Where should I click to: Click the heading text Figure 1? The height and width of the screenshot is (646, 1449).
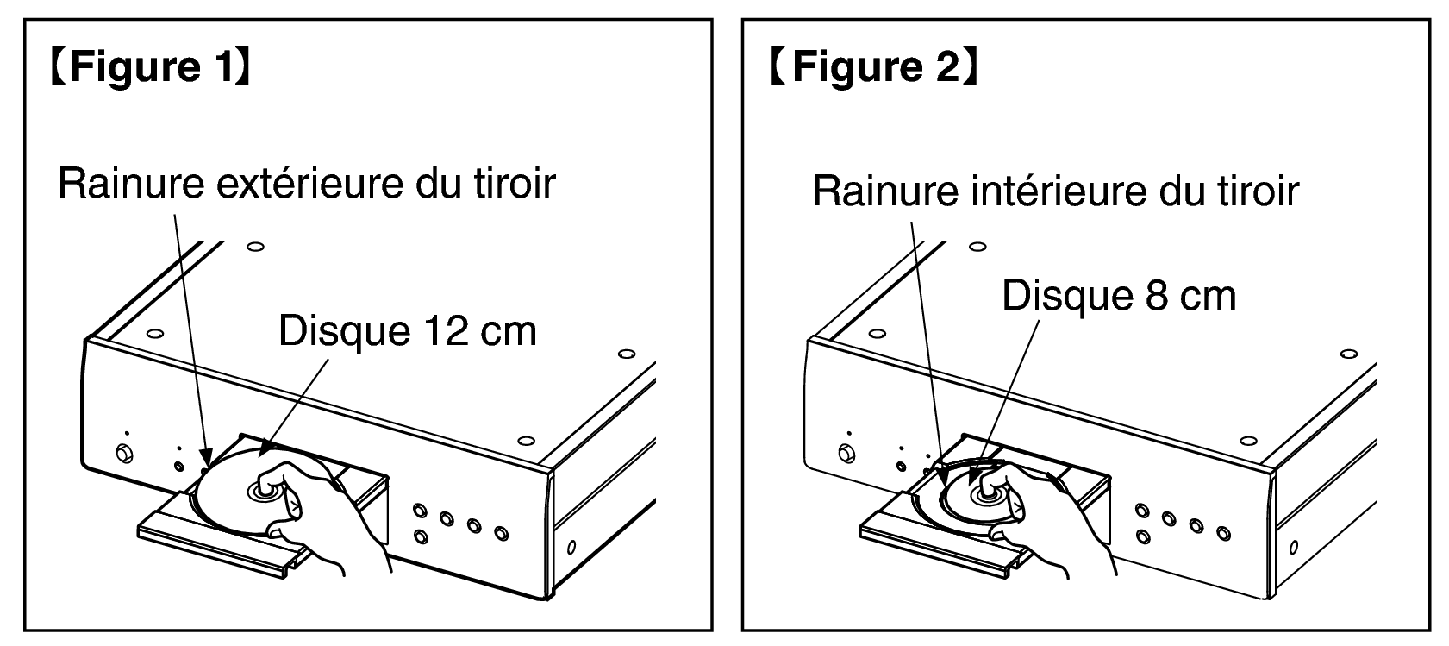(x=150, y=66)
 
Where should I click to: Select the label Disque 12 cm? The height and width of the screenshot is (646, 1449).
(x=408, y=331)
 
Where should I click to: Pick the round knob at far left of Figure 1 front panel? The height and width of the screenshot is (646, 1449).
(x=124, y=453)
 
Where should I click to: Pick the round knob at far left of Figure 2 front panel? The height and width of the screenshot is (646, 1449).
(x=846, y=453)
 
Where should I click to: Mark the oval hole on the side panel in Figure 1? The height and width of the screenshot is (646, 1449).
(x=571, y=548)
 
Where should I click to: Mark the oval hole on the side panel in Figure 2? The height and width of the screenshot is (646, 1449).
(x=1293, y=548)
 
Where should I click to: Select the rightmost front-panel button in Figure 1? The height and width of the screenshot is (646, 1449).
(x=502, y=533)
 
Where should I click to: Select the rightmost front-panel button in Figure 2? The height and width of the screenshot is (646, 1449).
(x=1223, y=533)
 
